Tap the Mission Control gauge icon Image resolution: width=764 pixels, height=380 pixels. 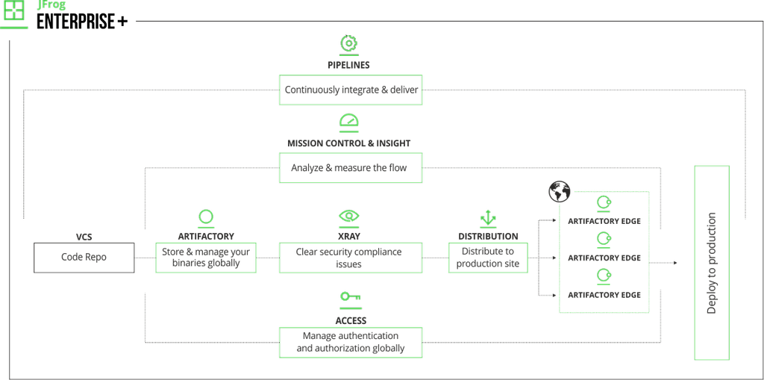pyautogui.click(x=349, y=121)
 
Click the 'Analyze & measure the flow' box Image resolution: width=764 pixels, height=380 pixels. pyautogui.click(x=351, y=168)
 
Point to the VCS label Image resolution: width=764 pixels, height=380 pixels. pyautogui.click(x=84, y=235)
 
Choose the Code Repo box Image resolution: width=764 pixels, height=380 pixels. pyautogui.click(x=84, y=257)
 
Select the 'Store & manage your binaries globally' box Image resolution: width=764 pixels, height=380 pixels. pyautogui.click(x=207, y=257)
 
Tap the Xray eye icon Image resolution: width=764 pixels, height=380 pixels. pyautogui.click(x=348, y=217)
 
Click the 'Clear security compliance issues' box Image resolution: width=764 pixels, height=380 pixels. pyautogui.click(x=351, y=257)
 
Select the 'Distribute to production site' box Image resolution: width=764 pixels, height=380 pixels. pyautogui.click(x=488, y=257)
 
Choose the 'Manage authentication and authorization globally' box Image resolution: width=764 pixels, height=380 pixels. pyautogui.click(x=351, y=342)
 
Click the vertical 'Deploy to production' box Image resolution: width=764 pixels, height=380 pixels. pyautogui.click(x=711, y=263)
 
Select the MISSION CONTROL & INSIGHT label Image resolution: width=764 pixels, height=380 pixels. pyautogui.click(x=349, y=142)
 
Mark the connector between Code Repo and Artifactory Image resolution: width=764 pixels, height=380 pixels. pyautogui.click(x=145, y=257)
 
